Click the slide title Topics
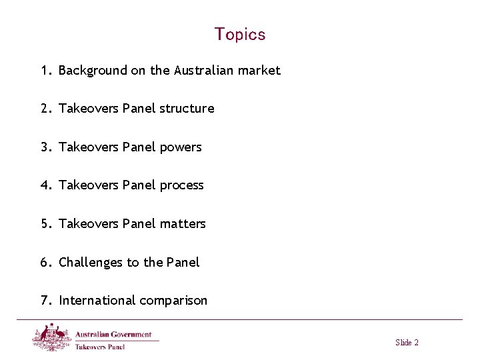pos(240,34)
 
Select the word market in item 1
pos(260,70)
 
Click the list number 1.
pos(45,70)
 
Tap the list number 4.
pos(45,185)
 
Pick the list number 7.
pos(45,300)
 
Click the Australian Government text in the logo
pos(113,334)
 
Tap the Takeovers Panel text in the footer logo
pos(100,346)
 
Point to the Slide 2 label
pos(407,343)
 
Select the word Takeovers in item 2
pos(89,108)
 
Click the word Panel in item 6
pos(182,262)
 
